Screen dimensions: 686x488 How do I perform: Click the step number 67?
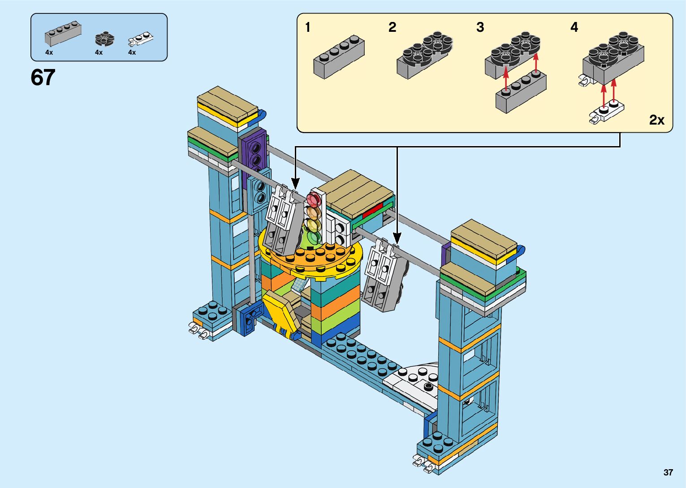pyautogui.click(x=43, y=77)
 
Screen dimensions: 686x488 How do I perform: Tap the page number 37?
pyautogui.click(x=668, y=472)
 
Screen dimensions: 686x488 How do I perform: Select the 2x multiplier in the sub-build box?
pyautogui.click(x=657, y=120)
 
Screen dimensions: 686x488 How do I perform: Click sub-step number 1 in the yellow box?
pyautogui.click(x=308, y=27)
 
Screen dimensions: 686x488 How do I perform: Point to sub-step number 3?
pyautogui.click(x=480, y=27)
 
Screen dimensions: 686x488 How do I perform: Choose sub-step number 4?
pyautogui.click(x=574, y=27)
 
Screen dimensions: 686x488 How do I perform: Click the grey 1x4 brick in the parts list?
pyautogui.click(x=63, y=34)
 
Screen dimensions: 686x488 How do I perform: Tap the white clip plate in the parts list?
pyautogui.click(x=141, y=39)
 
